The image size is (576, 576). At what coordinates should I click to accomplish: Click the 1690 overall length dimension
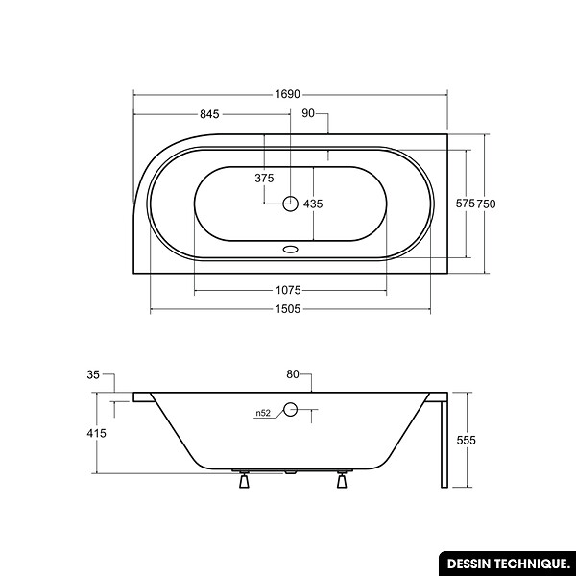[288, 94]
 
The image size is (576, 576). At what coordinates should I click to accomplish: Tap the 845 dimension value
[209, 114]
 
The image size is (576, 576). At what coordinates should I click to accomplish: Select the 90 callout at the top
[308, 113]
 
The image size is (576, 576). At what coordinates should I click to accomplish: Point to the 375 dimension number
[264, 179]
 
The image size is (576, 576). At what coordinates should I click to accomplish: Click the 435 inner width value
[313, 204]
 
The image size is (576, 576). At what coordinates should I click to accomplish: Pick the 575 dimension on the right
[466, 204]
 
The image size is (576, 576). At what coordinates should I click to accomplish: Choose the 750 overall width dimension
[486, 204]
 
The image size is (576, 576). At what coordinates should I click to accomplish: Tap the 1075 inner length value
[288, 291]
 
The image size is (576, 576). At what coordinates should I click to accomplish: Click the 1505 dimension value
[288, 309]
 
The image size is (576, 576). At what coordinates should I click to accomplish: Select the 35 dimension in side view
[93, 374]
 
